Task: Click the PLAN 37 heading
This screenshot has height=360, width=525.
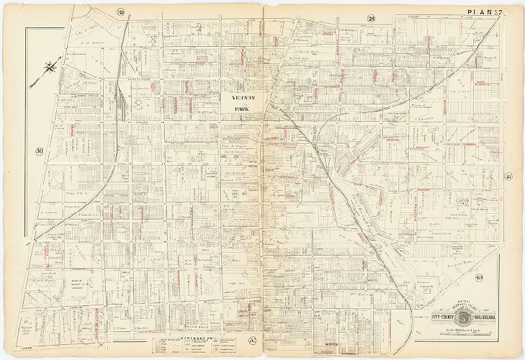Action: pyautogui.click(x=484, y=12)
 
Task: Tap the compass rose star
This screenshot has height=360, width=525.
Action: pyautogui.click(x=50, y=68)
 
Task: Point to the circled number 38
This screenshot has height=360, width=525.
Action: pyautogui.click(x=370, y=18)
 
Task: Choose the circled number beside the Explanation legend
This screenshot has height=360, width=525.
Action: pyautogui.click(x=253, y=339)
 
